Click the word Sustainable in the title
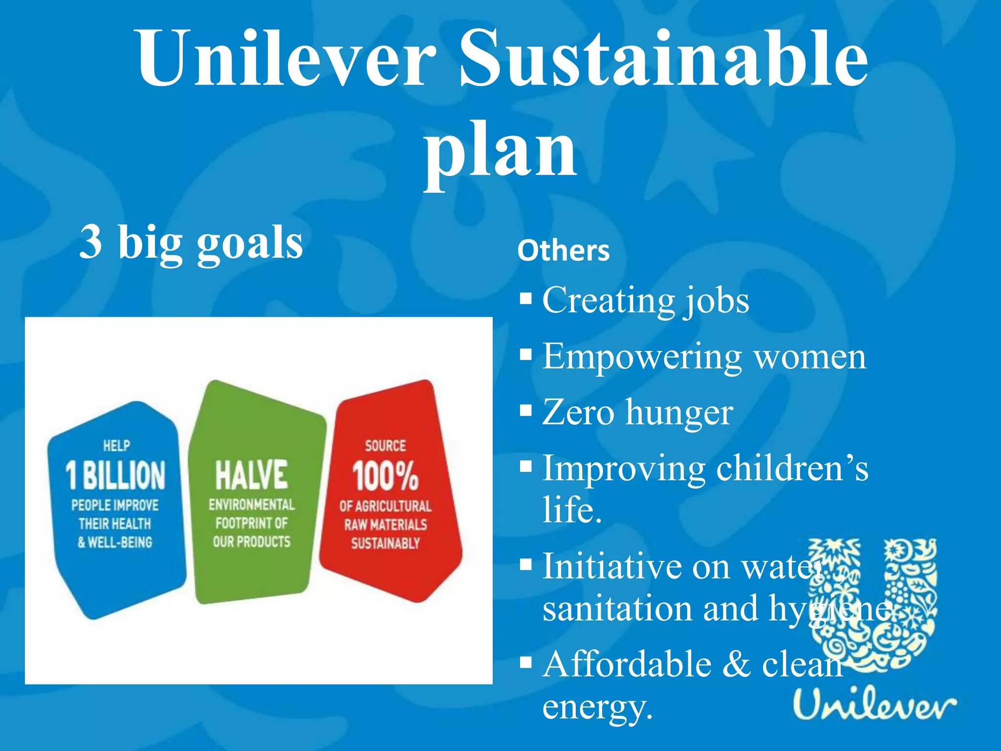click(664, 59)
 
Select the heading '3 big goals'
click(191, 242)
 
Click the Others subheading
click(564, 251)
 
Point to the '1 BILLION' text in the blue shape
click(115, 475)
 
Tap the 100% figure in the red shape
click(385, 476)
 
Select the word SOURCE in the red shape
click(385, 445)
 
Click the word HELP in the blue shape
click(116, 445)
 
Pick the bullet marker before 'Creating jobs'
click(525, 299)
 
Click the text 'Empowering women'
click(704, 357)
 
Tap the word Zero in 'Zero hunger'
click(578, 413)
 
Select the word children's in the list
click(792, 469)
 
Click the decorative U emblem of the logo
click(872, 606)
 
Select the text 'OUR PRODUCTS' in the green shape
click(252, 542)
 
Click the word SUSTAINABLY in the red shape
click(385, 543)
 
